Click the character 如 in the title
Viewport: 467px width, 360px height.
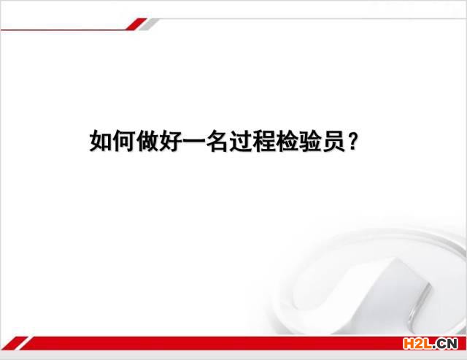tap(101, 141)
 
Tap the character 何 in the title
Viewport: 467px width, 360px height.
tap(124, 141)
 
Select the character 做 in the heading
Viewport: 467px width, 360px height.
tap(147, 141)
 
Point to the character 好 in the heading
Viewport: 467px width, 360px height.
tap(171, 141)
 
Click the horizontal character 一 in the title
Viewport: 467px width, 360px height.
tap(194, 141)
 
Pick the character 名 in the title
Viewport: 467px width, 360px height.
tap(217, 141)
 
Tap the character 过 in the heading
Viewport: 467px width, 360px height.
tap(241, 141)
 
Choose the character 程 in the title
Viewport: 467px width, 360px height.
tap(264, 141)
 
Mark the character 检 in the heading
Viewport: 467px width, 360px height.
tap(287, 141)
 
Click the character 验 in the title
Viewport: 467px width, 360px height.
tap(310, 141)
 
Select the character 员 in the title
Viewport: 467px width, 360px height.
tap(333, 141)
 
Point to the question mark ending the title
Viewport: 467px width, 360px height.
tap(352, 141)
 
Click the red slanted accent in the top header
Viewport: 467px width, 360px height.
tap(136, 24)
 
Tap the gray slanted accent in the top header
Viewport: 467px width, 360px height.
tap(149, 24)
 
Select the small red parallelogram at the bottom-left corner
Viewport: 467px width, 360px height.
tap(15, 343)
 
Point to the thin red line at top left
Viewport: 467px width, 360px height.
tap(63, 30)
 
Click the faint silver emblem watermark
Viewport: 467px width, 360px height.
tap(372, 283)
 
